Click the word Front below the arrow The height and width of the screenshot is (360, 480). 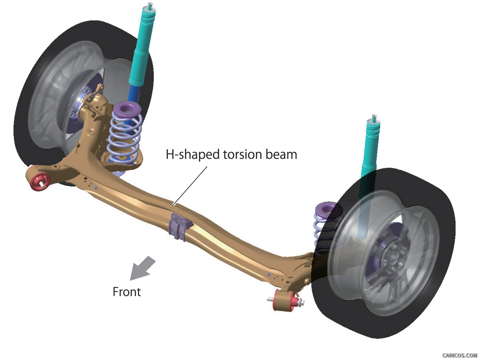pos(127,292)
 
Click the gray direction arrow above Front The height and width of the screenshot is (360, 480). pos(142,268)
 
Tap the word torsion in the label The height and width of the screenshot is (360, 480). pos(242,154)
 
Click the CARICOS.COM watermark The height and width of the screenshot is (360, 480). pos(459,355)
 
